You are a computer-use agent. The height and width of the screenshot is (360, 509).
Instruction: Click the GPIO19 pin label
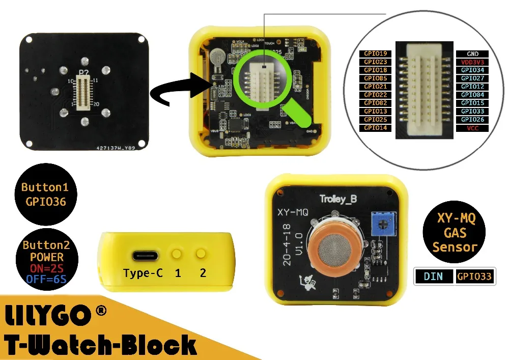(376, 53)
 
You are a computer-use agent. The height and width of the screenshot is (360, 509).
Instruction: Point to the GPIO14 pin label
(376, 128)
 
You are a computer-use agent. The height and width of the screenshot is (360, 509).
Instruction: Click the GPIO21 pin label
(376, 87)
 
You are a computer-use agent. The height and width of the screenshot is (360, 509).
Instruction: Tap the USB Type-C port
(143, 255)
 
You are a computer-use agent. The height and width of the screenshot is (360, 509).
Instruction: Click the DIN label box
(433, 276)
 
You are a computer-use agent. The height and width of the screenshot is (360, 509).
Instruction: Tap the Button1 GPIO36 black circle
(44, 194)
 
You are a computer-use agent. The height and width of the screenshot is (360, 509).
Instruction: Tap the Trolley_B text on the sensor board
(338, 199)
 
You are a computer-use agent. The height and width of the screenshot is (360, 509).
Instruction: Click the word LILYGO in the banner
(48, 316)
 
